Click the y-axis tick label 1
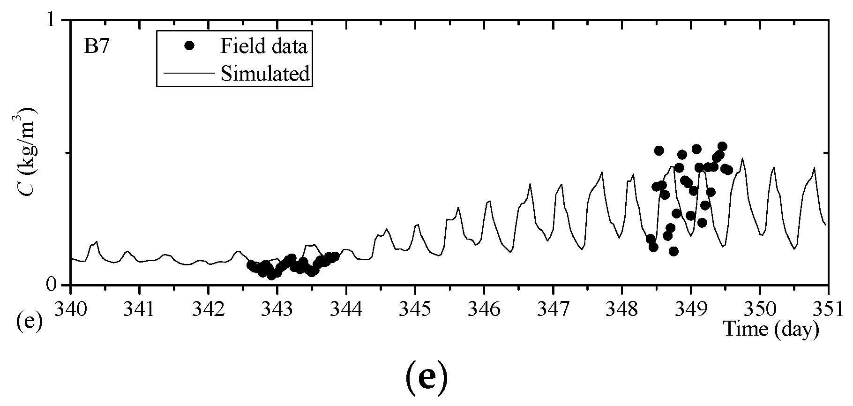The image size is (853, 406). pyautogui.click(x=53, y=21)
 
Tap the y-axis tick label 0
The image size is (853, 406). pyautogui.click(x=53, y=285)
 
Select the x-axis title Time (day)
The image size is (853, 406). pyautogui.click(x=771, y=329)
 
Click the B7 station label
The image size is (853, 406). pyautogui.click(x=96, y=48)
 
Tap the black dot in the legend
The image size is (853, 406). pyautogui.click(x=189, y=45)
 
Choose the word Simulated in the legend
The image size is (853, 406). pyautogui.click(x=265, y=74)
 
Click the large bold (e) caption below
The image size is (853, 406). pyautogui.click(x=426, y=379)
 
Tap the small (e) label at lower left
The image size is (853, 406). pyautogui.click(x=29, y=322)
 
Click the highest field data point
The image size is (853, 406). pyautogui.click(x=722, y=146)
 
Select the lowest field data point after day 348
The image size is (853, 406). pyautogui.click(x=673, y=251)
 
